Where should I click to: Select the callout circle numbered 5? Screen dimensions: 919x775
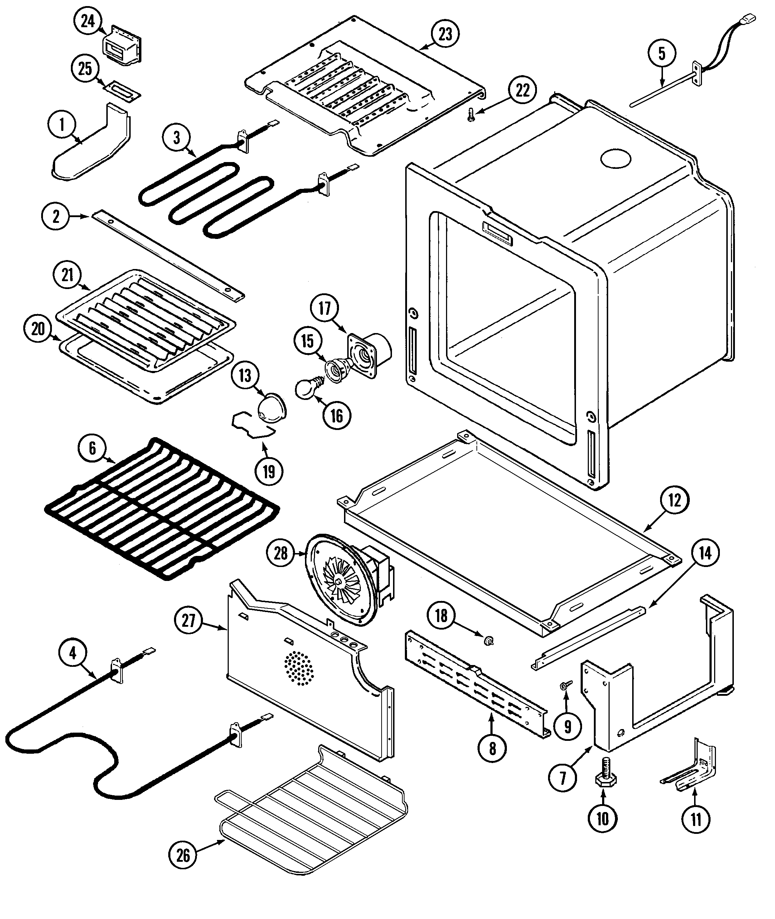click(662, 54)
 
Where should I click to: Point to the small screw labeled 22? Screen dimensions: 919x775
click(471, 115)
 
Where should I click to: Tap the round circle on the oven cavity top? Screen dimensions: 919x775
click(615, 160)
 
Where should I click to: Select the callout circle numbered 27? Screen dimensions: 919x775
click(189, 621)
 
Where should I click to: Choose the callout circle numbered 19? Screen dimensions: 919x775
click(269, 471)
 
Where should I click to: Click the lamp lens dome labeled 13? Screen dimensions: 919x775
click(271, 407)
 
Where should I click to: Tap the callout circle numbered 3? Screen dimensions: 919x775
click(176, 137)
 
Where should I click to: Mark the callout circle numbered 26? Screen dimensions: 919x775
click(183, 855)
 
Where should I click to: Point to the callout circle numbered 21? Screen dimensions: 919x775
click(67, 275)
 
